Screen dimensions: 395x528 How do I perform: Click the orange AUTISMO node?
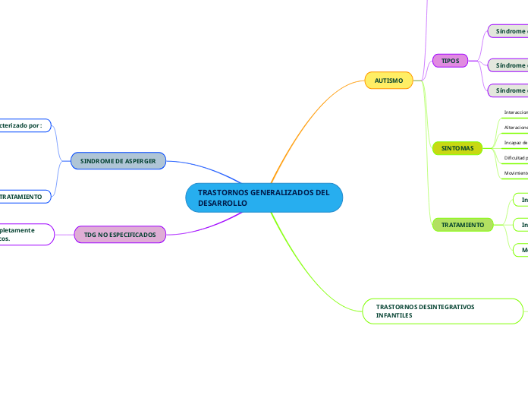coord(388,80)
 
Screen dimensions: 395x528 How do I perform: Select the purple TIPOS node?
coord(450,60)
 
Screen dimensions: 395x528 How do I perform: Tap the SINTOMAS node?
coord(457,149)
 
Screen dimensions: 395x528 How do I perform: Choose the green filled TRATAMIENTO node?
coord(462,225)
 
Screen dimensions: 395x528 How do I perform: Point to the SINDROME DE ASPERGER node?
coord(118,161)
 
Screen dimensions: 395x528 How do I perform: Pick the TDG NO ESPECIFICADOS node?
coord(120,235)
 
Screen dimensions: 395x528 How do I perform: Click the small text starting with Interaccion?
coord(516,112)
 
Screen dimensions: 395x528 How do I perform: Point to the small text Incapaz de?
coord(516,142)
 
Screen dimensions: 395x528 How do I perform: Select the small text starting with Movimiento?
coord(516,173)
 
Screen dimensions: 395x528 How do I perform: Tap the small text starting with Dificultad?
coord(516,157)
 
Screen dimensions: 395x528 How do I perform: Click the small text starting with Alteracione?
coord(516,127)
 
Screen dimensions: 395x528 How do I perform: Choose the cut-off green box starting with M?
coord(521,249)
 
